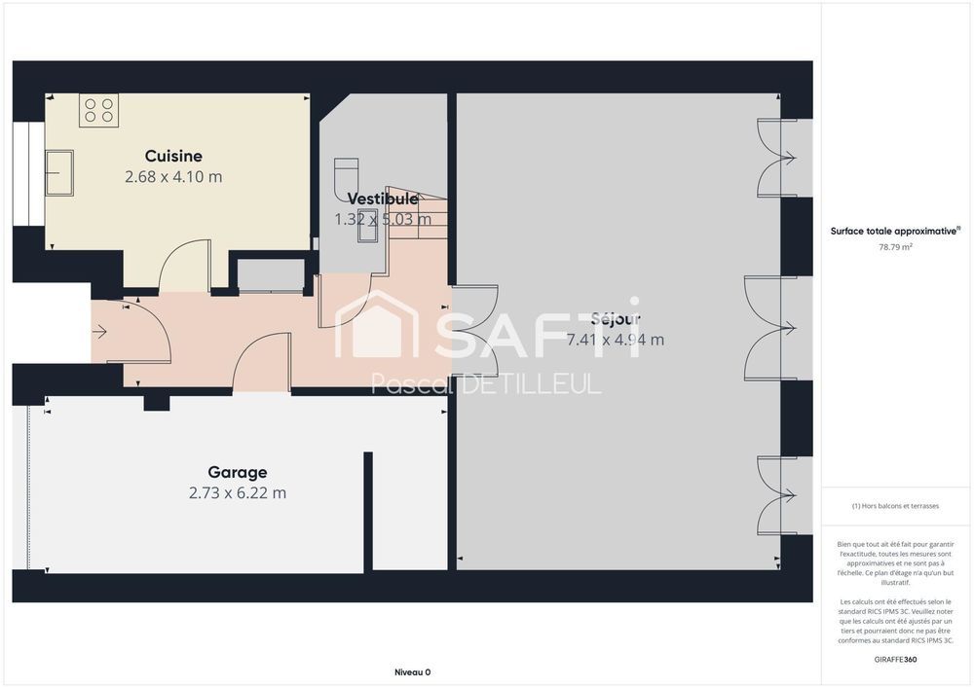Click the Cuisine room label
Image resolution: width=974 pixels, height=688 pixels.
coord(173,156)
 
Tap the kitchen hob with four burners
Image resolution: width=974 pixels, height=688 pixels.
coord(99,109)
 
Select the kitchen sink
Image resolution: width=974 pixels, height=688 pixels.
coord(59,172)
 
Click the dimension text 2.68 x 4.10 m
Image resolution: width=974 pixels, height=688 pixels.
coord(173,177)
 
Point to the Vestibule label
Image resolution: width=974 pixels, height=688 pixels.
coord(382,199)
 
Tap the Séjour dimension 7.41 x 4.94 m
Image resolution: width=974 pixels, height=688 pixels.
coord(615,340)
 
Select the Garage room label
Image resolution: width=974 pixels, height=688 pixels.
coord(238,472)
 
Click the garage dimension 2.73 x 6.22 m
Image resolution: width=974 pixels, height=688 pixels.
coord(238,493)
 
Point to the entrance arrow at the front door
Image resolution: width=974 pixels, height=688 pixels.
coord(99,332)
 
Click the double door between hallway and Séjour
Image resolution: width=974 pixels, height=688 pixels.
coord(475,331)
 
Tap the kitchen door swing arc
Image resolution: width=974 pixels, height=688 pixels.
coord(184,266)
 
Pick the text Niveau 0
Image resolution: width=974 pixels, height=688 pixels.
coord(412,672)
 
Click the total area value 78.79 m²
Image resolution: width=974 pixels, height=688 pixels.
coord(895,247)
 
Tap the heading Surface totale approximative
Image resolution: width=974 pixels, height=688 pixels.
coord(895,231)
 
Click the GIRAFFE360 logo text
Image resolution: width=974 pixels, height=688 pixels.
coord(895,659)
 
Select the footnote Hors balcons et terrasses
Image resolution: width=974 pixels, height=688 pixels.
coord(895,506)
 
